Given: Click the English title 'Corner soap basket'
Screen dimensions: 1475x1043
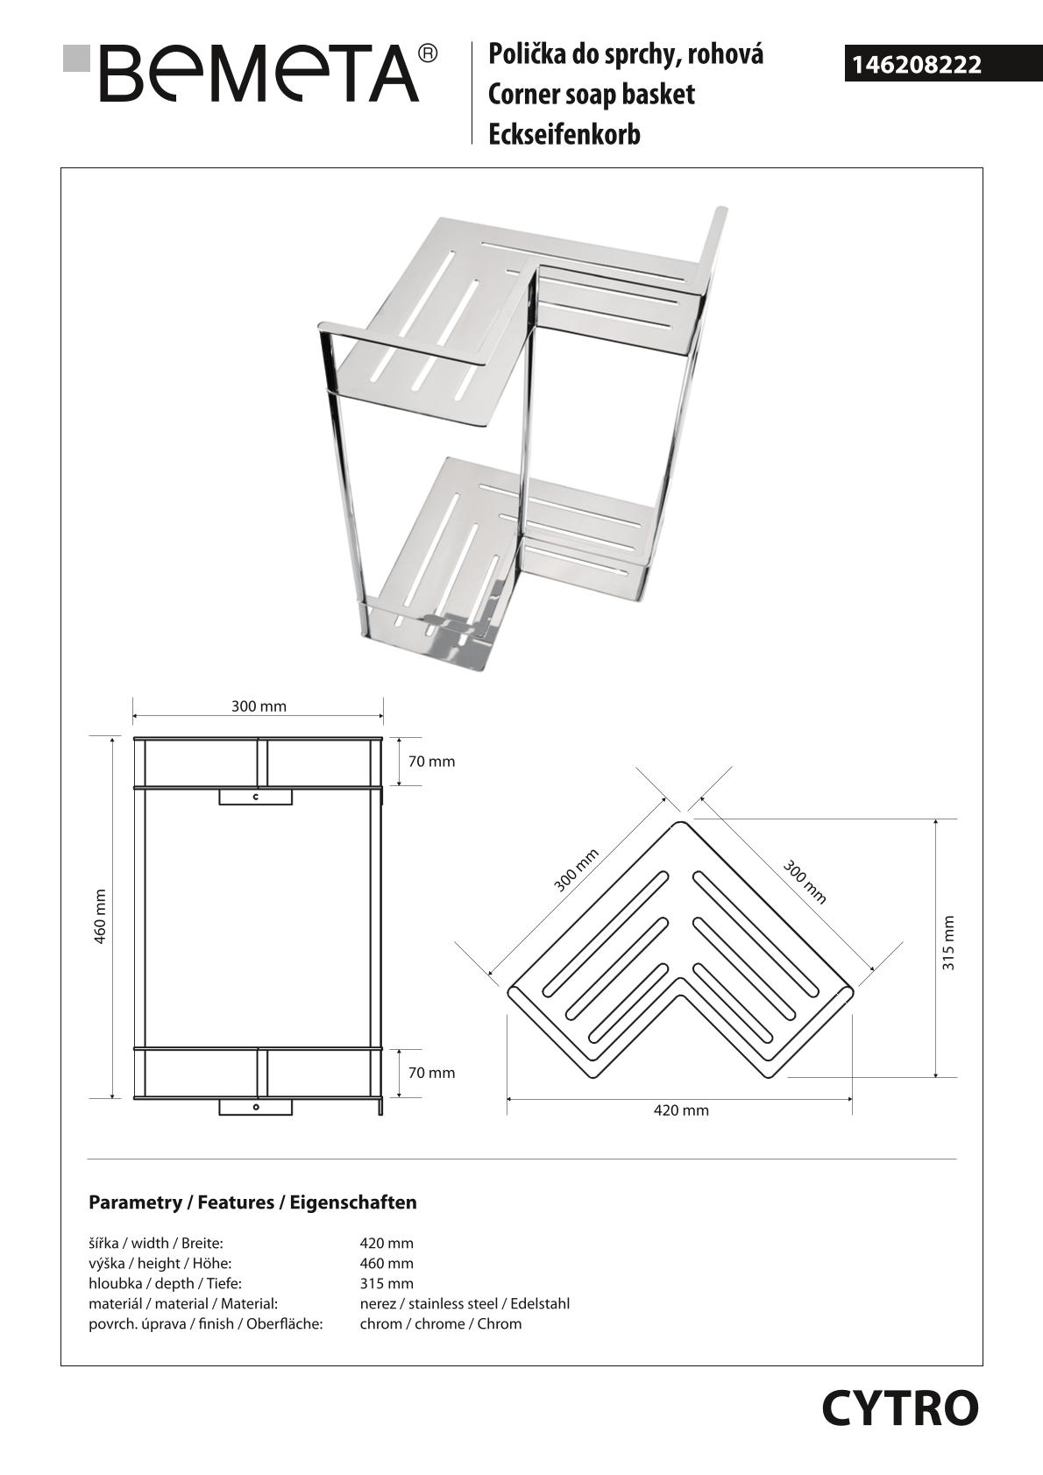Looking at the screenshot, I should (592, 95).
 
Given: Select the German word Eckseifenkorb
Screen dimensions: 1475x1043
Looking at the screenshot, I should (564, 135).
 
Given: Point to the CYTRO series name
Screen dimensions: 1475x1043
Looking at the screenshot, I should (899, 1409).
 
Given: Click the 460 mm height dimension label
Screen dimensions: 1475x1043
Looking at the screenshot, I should (100, 916).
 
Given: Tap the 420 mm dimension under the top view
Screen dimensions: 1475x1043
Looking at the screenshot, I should (681, 1110).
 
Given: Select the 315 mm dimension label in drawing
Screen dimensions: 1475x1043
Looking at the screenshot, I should (947, 943).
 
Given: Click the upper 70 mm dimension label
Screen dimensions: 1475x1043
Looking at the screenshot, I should (431, 762).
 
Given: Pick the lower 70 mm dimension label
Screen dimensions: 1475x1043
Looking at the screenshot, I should (431, 1073).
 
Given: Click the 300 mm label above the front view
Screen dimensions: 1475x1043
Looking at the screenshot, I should (259, 706).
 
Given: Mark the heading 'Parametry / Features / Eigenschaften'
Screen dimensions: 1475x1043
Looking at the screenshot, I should (252, 1202).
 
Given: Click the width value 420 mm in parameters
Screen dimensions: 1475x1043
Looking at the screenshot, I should (387, 1243).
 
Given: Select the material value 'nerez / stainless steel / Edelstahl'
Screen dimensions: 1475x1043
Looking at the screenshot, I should (465, 1303).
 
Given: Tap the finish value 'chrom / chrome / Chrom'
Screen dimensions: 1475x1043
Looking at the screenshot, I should (440, 1323).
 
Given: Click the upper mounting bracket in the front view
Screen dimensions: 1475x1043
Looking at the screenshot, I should (255, 797).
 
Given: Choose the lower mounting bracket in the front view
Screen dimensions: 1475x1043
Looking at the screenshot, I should (255, 1107).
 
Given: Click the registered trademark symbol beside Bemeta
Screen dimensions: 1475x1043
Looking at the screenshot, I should (428, 54).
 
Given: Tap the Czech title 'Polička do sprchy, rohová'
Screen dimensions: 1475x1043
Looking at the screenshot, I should (626, 54).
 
